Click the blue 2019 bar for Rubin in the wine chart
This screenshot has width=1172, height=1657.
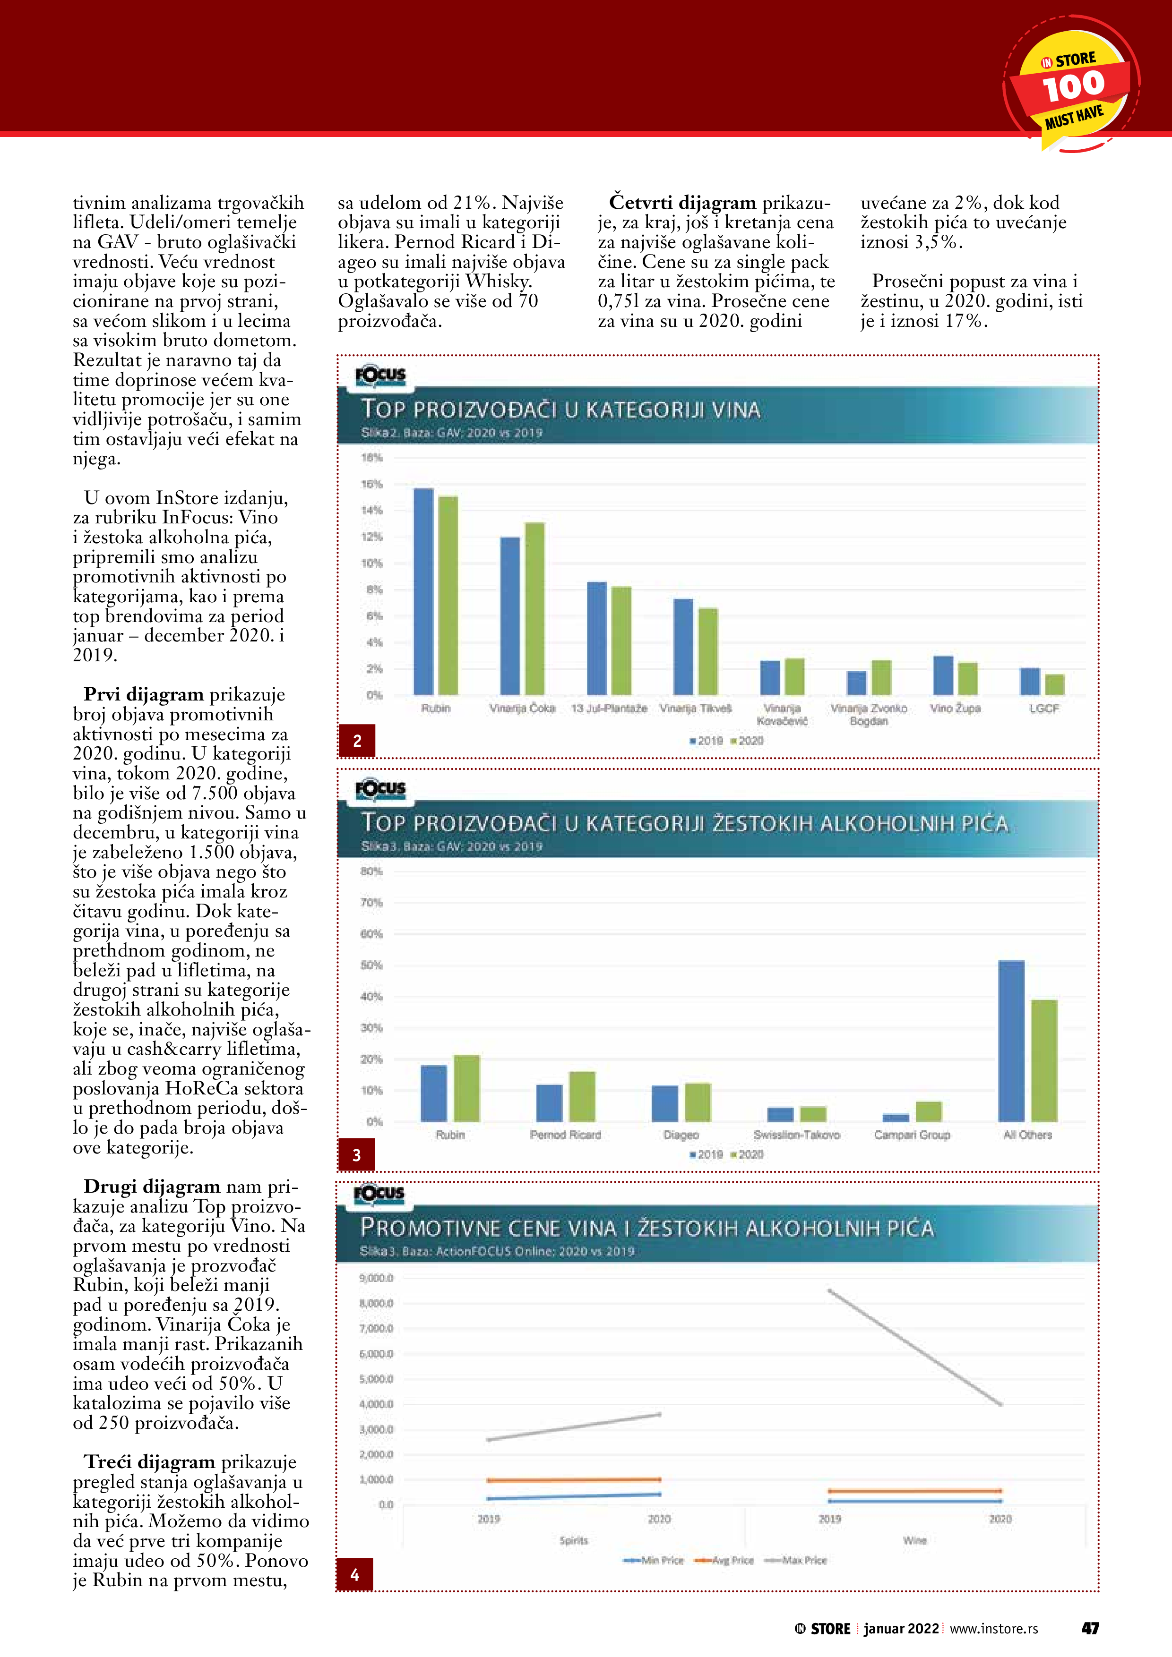click(423, 592)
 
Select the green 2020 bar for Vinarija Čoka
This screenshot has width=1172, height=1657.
click(534, 608)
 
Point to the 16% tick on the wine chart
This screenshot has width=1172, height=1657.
click(372, 484)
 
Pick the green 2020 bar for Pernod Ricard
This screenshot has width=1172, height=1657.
click(582, 1096)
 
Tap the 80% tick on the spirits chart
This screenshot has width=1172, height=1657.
click(371, 871)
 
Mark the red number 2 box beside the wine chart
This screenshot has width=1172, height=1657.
click(357, 741)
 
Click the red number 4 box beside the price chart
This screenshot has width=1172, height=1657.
click(354, 1575)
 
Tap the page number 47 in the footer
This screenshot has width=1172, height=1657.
click(1090, 1629)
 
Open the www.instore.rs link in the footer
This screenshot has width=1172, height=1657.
click(994, 1629)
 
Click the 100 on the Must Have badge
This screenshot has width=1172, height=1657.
click(1073, 86)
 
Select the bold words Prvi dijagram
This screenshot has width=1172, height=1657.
click(144, 694)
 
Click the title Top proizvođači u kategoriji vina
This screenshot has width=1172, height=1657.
click(560, 409)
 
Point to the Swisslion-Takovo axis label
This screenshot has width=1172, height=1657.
click(796, 1135)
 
